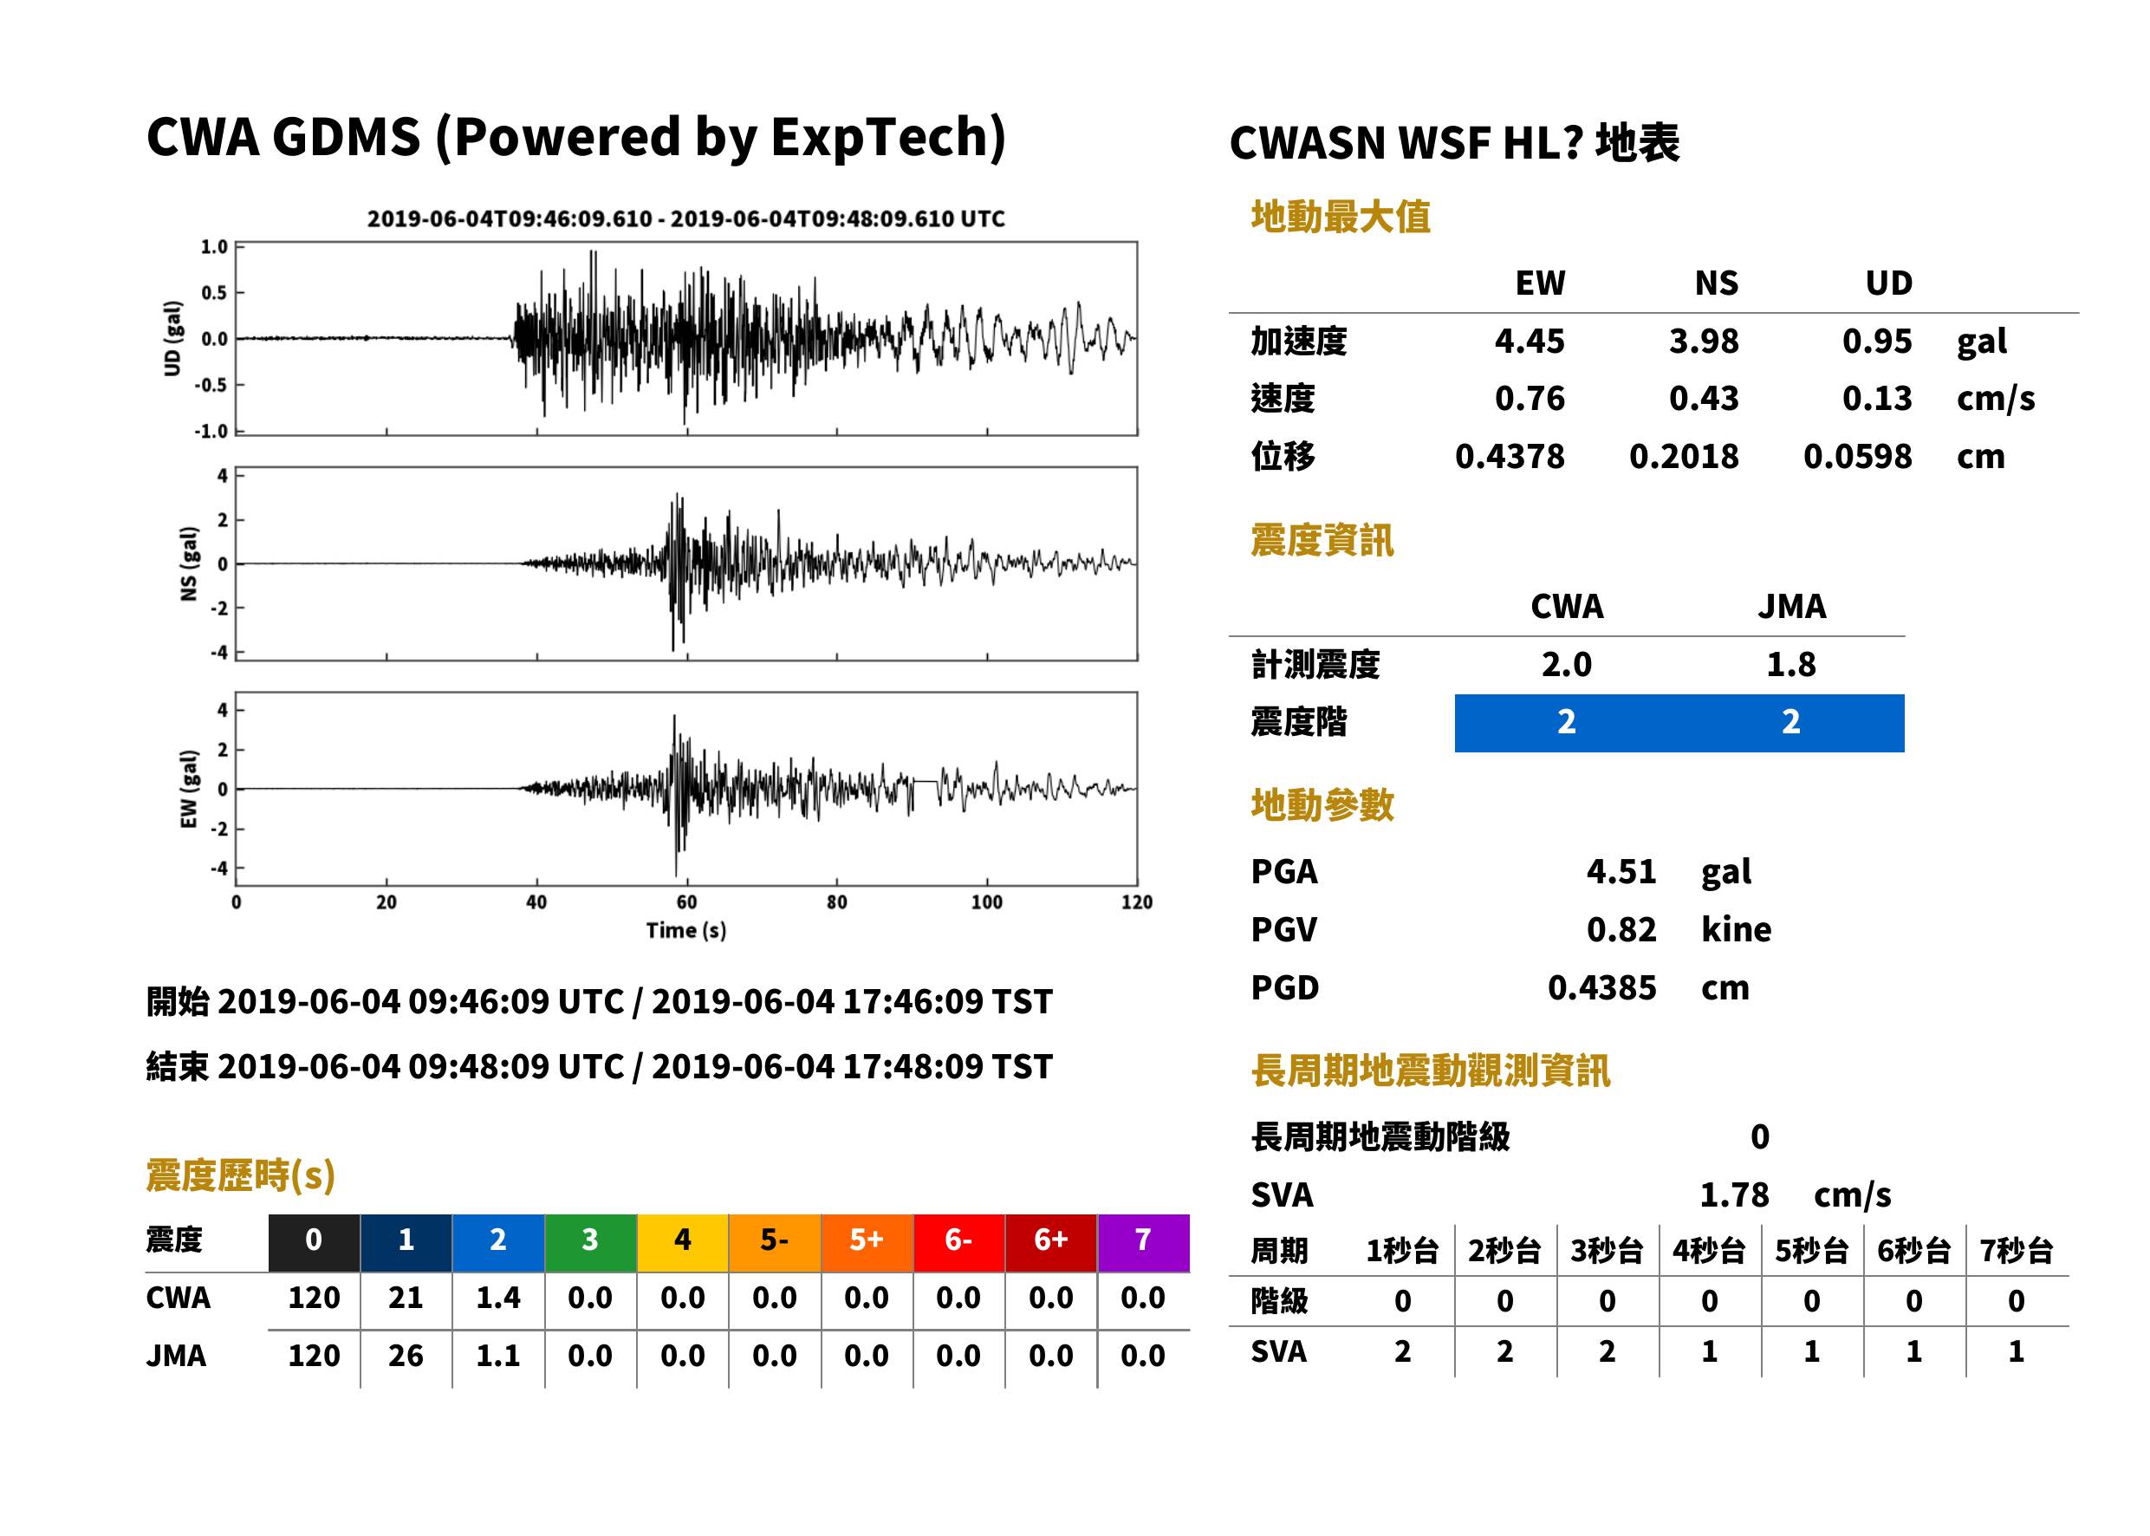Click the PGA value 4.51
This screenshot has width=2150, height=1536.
[x=1621, y=871]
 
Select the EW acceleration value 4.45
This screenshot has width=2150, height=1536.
[x=1529, y=341]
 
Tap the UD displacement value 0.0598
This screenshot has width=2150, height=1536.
[x=1857, y=457]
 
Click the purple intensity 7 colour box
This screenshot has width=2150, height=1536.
[x=1143, y=1242]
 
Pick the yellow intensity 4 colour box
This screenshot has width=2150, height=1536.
[x=683, y=1242]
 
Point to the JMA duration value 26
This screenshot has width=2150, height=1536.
[x=406, y=1357]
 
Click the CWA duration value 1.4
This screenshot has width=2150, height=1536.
[x=498, y=1298]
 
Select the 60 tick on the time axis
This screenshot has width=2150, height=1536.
[x=686, y=902]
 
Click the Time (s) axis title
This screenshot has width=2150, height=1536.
[x=686, y=931]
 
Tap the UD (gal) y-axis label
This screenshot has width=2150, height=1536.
[x=172, y=339]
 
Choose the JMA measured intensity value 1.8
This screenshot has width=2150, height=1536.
[x=1790, y=664]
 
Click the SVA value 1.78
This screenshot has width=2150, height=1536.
[x=1734, y=1194]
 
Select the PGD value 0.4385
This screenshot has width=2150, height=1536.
[x=1601, y=987]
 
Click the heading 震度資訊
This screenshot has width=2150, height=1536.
[x=1322, y=540]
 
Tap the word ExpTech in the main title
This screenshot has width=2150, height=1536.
[x=880, y=136]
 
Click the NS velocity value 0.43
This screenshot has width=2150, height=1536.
[x=1703, y=398]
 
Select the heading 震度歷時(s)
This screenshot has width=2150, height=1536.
[x=240, y=1175]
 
